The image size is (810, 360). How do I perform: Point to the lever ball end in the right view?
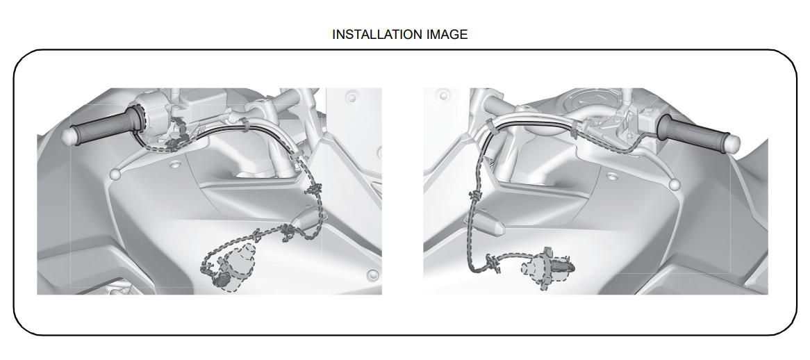pyautogui.click(x=674, y=184)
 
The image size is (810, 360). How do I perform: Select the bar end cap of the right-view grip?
pyautogui.click(x=734, y=143)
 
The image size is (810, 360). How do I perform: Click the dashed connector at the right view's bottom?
pyautogui.click(x=547, y=266)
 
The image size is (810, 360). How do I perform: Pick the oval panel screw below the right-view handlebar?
pyautogui.click(x=613, y=177)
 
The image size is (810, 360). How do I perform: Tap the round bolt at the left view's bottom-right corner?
pyautogui.click(x=372, y=275)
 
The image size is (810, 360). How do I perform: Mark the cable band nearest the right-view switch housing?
pyautogui.click(x=574, y=130)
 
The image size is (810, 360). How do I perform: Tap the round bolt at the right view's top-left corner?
pyautogui.click(x=443, y=95)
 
